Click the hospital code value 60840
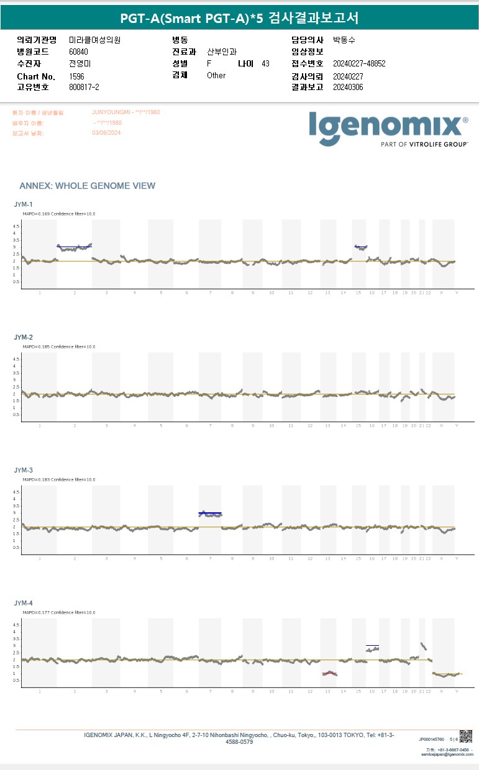tap(79, 52)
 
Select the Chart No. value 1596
tap(76, 76)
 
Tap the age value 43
tap(265, 63)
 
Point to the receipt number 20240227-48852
tap(359, 63)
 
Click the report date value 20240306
tap(348, 87)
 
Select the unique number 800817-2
tap(84, 87)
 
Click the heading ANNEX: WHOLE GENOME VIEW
tap(87, 186)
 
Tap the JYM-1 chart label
tap(23, 204)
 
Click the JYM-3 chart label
tap(23, 470)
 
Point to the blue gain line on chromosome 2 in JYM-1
tap(74, 246)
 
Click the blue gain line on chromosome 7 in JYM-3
tap(210, 513)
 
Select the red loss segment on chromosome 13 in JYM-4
tap(329, 673)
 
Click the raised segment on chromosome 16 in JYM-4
tap(372, 648)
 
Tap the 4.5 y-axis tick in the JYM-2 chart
tap(17, 359)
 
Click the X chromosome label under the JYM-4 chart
tap(441, 691)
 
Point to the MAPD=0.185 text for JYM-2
tap(31, 346)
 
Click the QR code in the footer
tap(466, 736)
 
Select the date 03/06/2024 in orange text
tap(106, 132)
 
